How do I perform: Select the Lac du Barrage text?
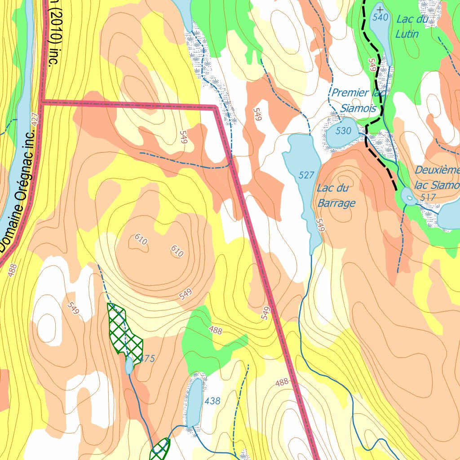[x=336, y=195]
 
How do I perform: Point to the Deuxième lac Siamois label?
[x=437, y=177]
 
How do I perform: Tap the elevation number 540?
[x=380, y=18]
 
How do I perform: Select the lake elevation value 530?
[x=343, y=131]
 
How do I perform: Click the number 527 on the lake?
[x=306, y=175]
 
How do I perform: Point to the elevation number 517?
[x=429, y=198]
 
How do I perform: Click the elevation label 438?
[x=212, y=401]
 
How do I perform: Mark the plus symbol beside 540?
[x=380, y=9]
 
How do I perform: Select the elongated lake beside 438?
[x=195, y=402]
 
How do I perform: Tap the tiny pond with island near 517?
[x=408, y=196]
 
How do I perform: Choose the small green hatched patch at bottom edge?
[x=160, y=449]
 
